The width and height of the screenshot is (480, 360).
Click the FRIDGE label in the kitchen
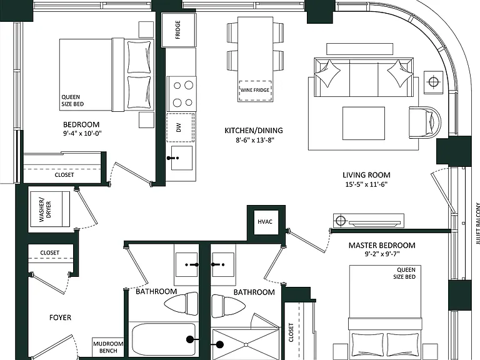(178, 30)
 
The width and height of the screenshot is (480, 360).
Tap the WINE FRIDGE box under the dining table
(255, 91)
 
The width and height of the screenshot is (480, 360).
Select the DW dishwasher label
(179, 127)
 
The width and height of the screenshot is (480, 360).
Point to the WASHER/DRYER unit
(49, 209)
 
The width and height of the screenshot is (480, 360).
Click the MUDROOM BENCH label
(108, 347)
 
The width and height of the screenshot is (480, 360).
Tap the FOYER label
(60, 317)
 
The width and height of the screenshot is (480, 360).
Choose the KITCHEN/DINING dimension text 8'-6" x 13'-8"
(254, 140)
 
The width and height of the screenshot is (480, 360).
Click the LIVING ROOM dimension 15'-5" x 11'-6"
(366, 184)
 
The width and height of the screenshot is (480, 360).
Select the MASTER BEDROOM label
(382, 245)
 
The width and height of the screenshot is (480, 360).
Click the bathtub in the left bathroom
(164, 339)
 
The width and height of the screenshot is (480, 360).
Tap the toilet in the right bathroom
(228, 306)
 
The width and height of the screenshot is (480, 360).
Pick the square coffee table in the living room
(364, 123)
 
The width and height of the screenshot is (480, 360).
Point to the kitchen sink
(181, 158)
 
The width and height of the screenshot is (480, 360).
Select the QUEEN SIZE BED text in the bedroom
(72, 101)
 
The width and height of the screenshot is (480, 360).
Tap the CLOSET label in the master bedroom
(291, 332)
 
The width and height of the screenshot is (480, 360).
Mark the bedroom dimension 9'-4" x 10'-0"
(82, 133)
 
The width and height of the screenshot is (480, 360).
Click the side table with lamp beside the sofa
(434, 82)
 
